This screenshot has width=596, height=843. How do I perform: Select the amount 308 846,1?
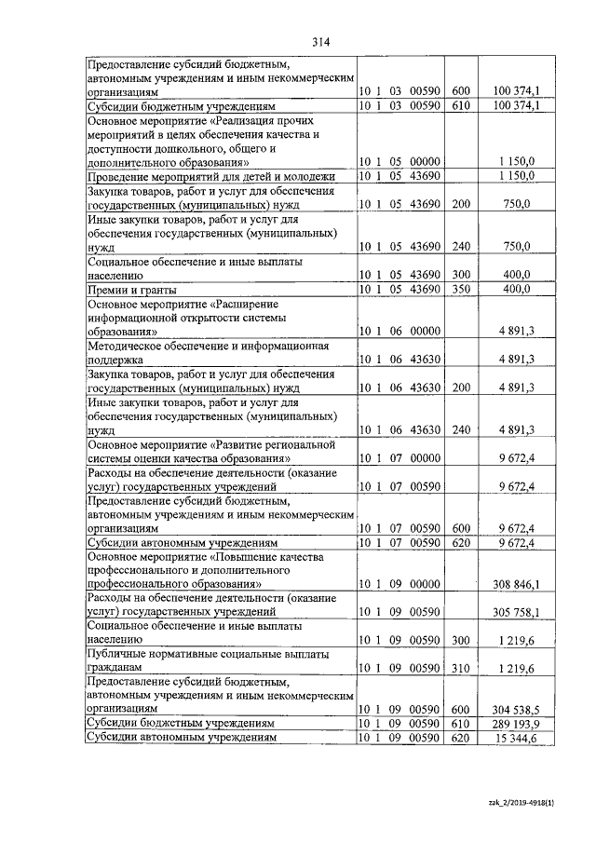click(515, 584)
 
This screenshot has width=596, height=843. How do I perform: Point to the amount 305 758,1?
click(515, 613)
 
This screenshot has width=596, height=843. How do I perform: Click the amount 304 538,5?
click(515, 709)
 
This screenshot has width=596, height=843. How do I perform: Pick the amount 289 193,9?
click(515, 724)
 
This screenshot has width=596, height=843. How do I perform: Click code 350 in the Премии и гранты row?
click(460, 290)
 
